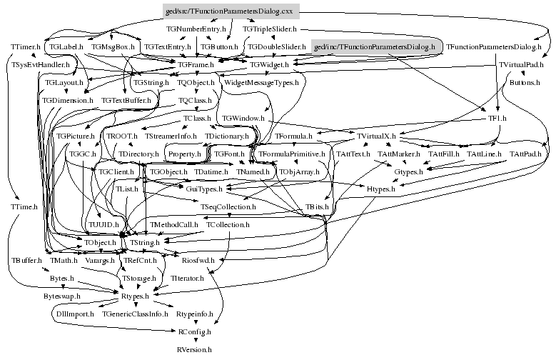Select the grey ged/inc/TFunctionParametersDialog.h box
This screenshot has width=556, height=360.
[374, 46]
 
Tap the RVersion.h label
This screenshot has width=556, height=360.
[193, 349]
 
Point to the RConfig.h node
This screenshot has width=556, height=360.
[194, 331]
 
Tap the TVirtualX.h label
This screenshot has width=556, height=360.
[377, 135]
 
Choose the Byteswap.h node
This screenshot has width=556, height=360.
[62, 295]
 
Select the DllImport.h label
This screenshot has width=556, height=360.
[74, 314]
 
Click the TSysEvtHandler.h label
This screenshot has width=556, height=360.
[39, 65]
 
